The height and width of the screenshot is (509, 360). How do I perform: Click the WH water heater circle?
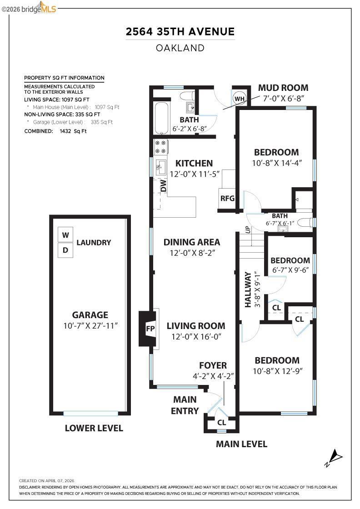240,99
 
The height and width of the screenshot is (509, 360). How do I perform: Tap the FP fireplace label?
150,329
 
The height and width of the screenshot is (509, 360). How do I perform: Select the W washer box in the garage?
65,235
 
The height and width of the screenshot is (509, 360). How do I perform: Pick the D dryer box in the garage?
65,250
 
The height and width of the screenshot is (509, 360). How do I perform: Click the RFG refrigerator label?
227,198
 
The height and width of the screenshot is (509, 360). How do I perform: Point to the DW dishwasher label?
163,186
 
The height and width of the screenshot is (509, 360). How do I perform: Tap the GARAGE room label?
90,315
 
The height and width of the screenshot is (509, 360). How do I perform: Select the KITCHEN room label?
194,163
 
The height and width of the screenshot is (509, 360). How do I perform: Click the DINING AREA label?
192,242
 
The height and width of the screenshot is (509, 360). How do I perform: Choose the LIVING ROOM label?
196,326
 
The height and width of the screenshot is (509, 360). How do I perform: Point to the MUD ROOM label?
283,88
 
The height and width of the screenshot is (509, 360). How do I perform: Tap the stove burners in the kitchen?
161,147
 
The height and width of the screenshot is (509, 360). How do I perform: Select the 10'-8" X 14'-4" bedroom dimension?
277,163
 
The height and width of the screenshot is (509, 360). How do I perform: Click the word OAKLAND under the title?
180,48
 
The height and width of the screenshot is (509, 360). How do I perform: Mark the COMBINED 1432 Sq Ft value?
73,131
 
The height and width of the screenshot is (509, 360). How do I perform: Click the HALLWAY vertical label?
248,289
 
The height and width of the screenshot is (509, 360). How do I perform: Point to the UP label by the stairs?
247,230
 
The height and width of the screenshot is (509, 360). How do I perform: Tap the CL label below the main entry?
222,422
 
